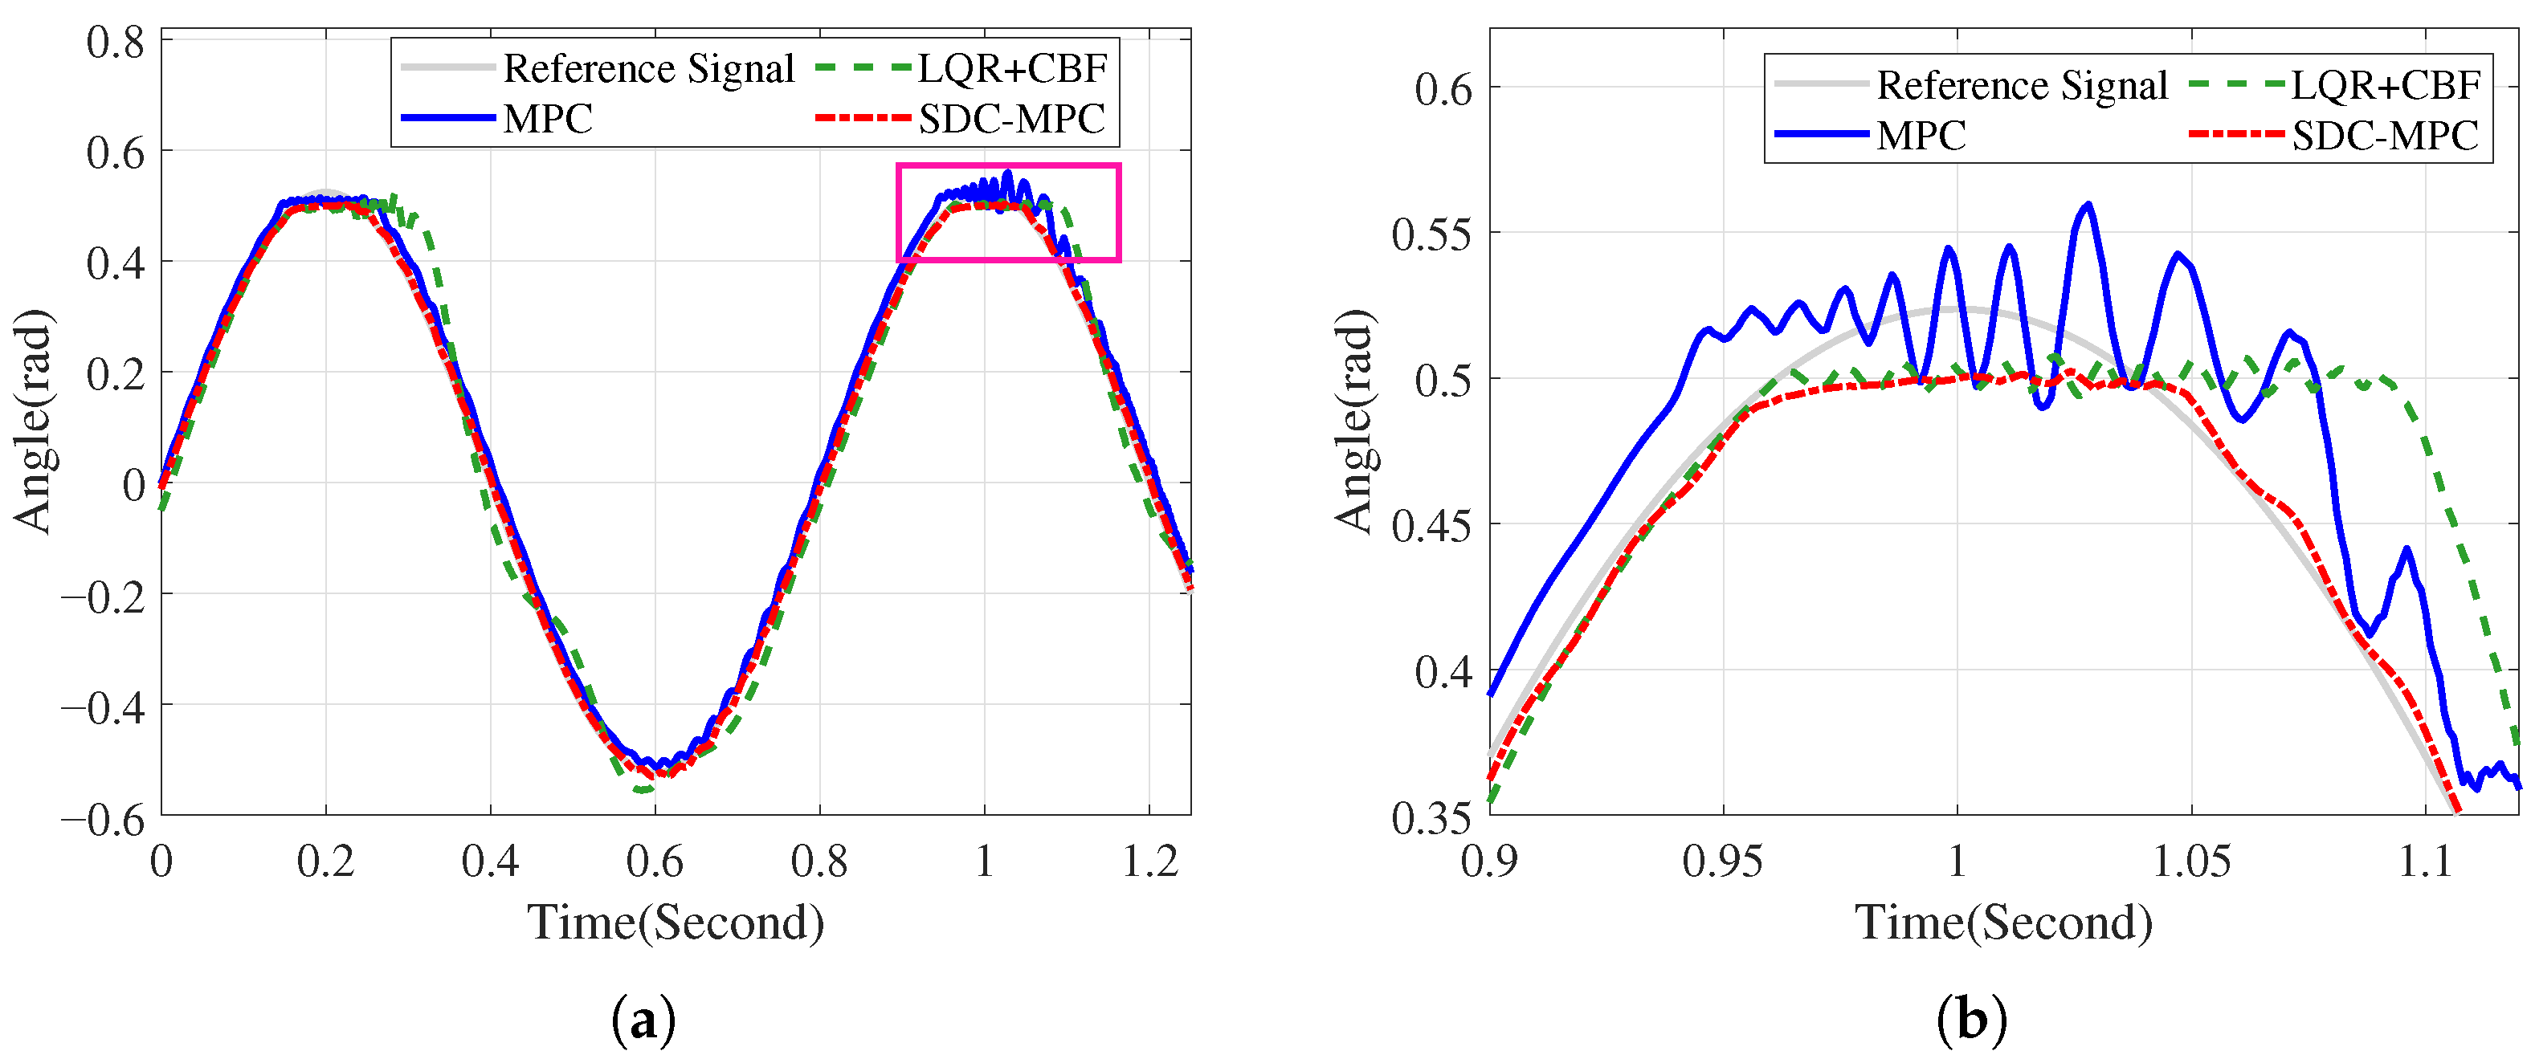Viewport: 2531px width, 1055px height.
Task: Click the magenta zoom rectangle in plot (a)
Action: tap(898, 212)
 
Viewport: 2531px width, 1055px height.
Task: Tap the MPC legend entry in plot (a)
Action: tap(497, 119)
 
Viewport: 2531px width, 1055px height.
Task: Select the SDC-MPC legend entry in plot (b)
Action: tap(2334, 135)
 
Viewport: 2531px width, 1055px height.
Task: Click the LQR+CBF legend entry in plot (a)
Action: tap(961, 67)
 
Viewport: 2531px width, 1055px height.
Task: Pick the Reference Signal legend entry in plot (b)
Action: tap(1971, 84)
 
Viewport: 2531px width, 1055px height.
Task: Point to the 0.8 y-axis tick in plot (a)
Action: tap(116, 43)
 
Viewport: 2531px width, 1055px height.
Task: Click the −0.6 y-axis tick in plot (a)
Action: tap(103, 818)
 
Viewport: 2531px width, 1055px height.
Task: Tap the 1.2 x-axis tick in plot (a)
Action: tap(1149, 862)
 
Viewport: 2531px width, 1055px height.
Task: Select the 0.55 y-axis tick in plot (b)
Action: tap(1432, 234)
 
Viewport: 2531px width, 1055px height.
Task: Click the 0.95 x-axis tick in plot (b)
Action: tap(1722, 862)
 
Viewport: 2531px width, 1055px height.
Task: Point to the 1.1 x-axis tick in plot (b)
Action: tap(2427, 862)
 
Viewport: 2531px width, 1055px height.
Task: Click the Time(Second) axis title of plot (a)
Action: tap(676, 923)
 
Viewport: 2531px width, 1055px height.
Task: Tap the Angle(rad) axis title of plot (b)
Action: tap(1355, 422)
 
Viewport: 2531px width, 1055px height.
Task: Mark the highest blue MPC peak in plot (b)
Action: tap(2088, 203)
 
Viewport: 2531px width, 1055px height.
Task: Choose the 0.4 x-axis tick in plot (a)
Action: tap(490, 862)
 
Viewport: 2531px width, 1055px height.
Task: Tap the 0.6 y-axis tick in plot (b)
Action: tap(1444, 89)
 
